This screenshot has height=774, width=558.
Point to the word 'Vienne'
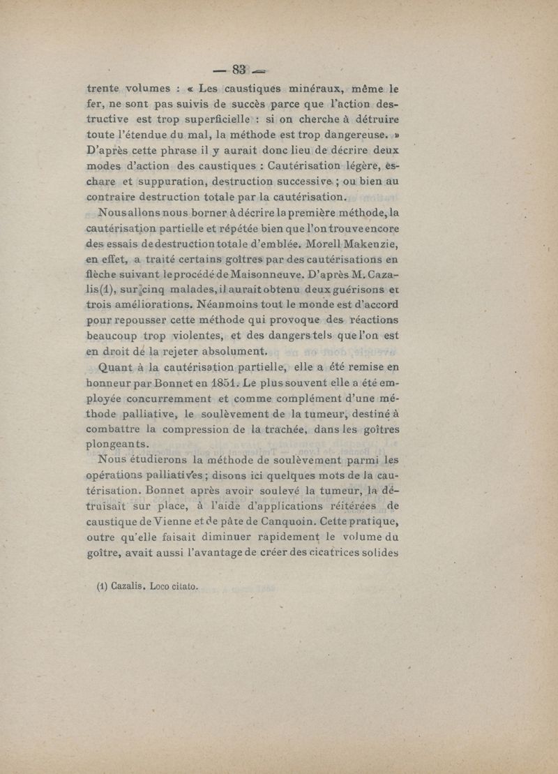pyautogui.click(x=197, y=521)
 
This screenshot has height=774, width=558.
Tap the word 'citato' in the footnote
pyautogui.click(x=183, y=587)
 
